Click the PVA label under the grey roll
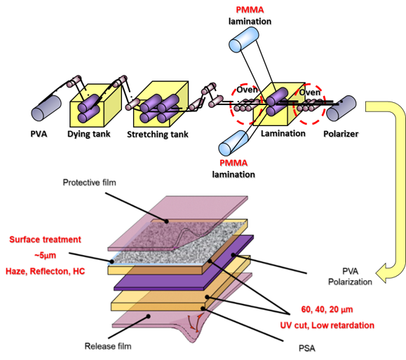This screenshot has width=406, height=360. click(39, 134)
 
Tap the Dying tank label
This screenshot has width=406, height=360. click(89, 134)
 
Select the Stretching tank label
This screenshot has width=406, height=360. click(158, 134)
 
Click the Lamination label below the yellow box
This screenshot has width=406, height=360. click(283, 134)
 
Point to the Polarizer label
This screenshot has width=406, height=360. click(341, 134)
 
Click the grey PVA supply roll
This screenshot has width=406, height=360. click(46, 108)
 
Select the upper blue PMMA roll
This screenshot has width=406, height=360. click(243, 40)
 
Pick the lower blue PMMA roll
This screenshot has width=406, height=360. click(234, 143)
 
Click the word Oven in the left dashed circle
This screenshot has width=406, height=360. click(248, 90)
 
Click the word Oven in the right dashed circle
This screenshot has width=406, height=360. click(310, 92)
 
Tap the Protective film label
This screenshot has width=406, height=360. click(89, 183)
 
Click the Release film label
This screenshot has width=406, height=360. click(108, 346)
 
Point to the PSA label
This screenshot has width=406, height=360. click(307, 348)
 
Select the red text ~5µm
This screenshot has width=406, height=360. click(45, 256)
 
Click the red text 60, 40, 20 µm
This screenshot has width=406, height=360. click(327, 310)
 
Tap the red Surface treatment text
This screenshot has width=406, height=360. click(46, 240)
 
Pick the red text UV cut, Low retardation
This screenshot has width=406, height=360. click(327, 326)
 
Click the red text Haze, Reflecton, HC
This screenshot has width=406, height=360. click(46, 271)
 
